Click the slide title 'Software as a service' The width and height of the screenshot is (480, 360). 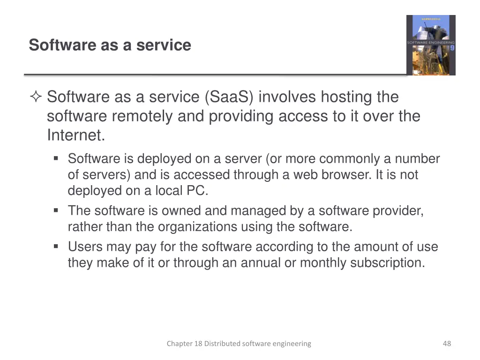(110, 45)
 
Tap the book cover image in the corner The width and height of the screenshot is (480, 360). (430, 45)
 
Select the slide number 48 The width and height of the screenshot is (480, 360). (447, 344)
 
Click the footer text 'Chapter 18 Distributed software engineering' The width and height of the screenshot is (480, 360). (239, 344)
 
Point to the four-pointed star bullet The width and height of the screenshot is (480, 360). (36, 97)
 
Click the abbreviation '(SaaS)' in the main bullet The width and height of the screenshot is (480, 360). (229, 97)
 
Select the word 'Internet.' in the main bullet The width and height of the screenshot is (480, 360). (76, 135)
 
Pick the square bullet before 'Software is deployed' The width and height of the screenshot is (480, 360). (56, 159)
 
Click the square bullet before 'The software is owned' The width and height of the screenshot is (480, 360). (56, 211)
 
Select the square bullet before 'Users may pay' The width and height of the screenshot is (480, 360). (56, 247)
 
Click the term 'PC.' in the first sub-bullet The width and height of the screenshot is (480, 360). (197, 191)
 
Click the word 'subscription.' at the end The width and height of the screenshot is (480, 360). (388, 262)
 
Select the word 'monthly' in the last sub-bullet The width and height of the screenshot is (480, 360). (322, 262)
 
